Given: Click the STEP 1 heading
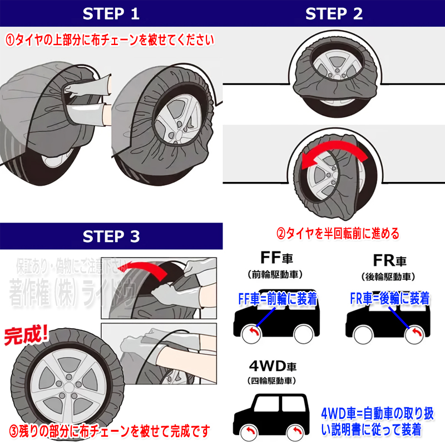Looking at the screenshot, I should click(111, 14).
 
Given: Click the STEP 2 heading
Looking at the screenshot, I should click(334, 14).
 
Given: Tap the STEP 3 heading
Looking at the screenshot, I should click(111, 236).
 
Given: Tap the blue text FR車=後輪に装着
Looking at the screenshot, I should click(389, 299).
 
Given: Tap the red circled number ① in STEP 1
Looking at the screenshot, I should click(11, 40).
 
